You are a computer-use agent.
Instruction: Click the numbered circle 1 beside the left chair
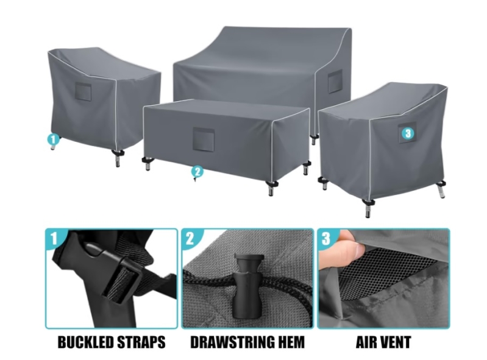53,139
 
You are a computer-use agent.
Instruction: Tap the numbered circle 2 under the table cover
197,171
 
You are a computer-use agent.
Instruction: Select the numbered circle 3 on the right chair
408,133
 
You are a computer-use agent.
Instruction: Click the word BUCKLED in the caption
85,342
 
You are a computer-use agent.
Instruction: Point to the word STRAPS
141,342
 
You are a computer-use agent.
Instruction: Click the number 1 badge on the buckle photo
54,238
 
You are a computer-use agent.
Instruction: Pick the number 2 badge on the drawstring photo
190,238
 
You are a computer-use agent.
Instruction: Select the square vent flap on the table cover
204,138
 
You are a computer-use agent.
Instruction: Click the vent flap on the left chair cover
84,92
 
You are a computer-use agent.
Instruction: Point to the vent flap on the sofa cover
335,81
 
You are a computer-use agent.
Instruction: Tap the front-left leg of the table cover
148,163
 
